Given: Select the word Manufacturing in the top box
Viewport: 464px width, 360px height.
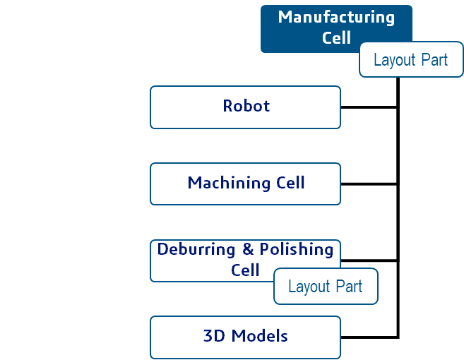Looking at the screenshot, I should click(x=336, y=17).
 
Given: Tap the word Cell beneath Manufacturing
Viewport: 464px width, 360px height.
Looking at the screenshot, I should click(x=336, y=37).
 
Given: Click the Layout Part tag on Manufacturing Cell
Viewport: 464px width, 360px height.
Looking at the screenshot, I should click(x=410, y=60).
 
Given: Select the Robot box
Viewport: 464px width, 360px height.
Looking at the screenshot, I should click(x=246, y=107).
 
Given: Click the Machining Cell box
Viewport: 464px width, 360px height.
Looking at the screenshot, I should click(x=246, y=184).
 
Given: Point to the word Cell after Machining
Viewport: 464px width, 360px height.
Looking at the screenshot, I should click(x=290, y=184).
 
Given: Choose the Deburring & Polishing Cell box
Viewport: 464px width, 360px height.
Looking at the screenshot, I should click(x=212, y=260).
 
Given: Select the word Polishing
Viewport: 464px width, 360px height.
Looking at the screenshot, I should click(x=296, y=250).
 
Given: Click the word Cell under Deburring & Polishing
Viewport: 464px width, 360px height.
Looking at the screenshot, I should click(x=245, y=270).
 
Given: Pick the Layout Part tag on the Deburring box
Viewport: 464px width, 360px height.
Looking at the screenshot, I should click(x=326, y=287).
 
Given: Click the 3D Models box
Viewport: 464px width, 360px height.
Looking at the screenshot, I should click(x=246, y=337).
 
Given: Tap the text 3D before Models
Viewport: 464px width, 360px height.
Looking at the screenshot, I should click(x=214, y=336).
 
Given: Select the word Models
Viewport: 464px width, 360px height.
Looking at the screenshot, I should click(x=260, y=336).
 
